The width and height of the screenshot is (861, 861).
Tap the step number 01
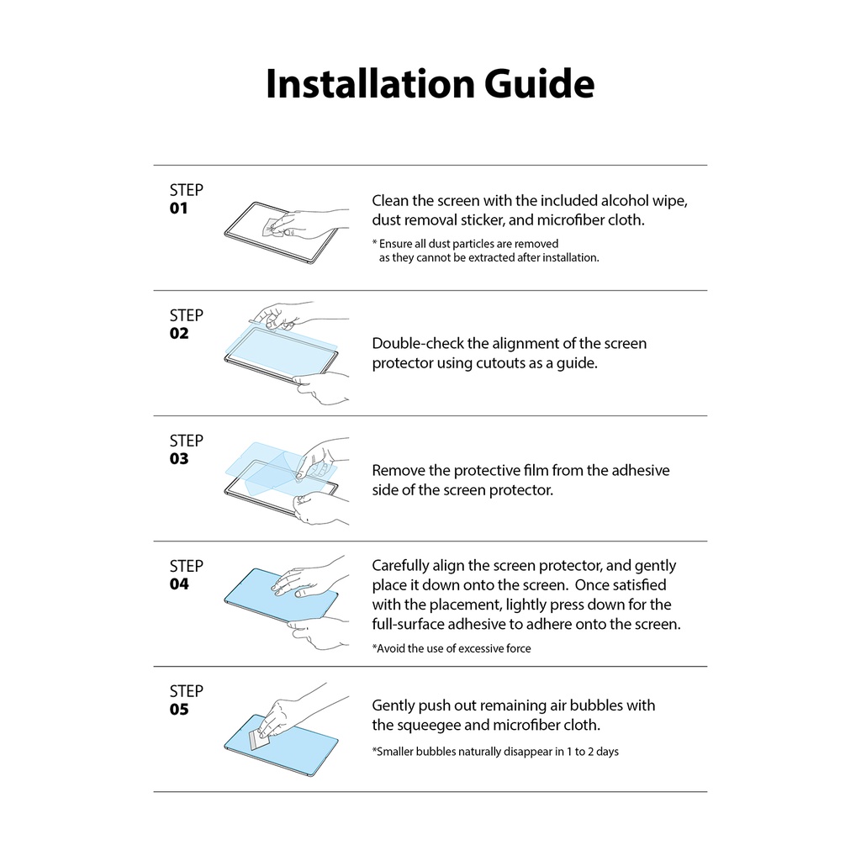pyautogui.click(x=179, y=209)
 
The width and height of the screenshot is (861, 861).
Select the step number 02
pyautogui.click(x=179, y=334)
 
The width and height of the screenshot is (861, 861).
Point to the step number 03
pyautogui.click(x=179, y=459)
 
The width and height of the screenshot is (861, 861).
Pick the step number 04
pyautogui.click(x=179, y=584)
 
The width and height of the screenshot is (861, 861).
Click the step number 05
pyautogui.click(x=179, y=710)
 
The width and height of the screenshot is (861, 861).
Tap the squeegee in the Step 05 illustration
pyautogui.click(x=261, y=740)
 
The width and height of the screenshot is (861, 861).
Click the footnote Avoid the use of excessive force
pyautogui.click(x=452, y=648)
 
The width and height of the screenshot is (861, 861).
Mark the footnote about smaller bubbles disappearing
pyautogui.click(x=495, y=751)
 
